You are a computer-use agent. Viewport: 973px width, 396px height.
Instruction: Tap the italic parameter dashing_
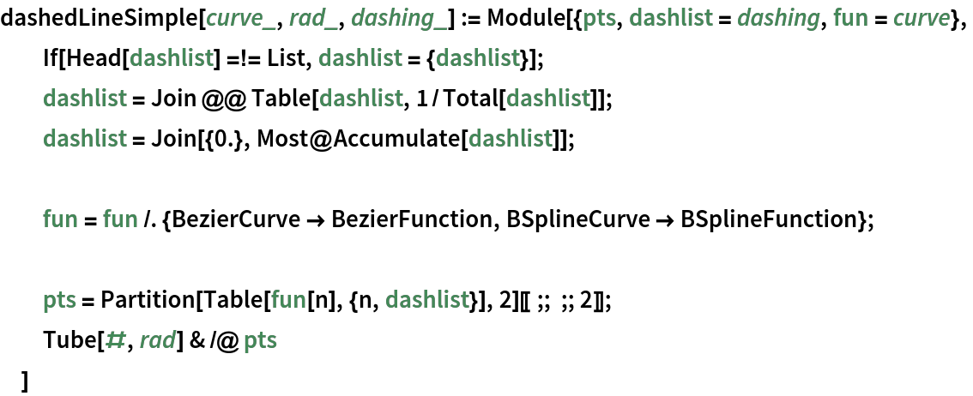[x=398, y=18]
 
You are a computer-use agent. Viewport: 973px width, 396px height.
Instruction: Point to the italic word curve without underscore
[x=921, y=18]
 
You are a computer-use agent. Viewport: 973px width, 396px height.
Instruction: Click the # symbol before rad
[x=115, y=341]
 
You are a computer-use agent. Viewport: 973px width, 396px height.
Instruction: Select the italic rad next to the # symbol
[x=157, y=341]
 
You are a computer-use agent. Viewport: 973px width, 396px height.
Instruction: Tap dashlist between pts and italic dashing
[x=671, y=18]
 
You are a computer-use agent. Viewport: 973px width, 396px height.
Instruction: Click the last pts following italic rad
[x=260, y=341]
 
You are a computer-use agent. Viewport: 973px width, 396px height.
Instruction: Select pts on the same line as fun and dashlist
[x=59, y=300]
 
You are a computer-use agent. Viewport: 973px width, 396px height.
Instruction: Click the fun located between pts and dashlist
[x=288, y=300]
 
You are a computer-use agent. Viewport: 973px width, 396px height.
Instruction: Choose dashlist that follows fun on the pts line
[x=426, y=300]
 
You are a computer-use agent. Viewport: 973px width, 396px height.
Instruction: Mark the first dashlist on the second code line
[x=172, y=58]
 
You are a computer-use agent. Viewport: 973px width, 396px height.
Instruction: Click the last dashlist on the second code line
[x=478, y=58]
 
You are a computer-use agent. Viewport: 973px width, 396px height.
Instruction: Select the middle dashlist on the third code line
[x=361, y=99]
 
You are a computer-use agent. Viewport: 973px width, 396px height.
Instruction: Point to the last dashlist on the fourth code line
[x=510, y=139]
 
